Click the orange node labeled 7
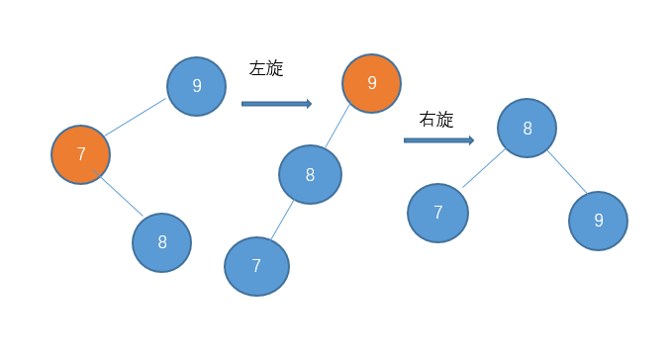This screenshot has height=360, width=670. click(80, 154)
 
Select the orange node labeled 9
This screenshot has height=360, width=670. click(371, 83)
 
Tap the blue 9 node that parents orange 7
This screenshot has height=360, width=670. click(196, 86)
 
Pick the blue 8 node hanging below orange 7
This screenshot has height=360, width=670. click(161, 242)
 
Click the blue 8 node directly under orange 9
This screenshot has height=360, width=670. click(310, 175)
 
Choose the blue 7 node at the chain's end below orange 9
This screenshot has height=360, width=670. click(256, 266)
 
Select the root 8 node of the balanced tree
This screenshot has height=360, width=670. click(526, 128)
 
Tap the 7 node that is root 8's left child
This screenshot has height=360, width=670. click(437, 213)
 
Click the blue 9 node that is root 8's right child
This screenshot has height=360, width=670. click(598, 221)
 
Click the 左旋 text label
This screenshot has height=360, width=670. click(266, 68)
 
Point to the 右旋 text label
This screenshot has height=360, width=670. click(436, 120)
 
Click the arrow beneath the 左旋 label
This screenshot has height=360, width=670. click(276, 103)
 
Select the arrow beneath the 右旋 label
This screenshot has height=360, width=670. click(438, 140)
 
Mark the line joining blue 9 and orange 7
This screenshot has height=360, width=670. click(136, 118)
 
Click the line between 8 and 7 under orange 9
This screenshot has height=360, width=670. click(282, 221)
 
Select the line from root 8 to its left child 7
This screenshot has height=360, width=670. click(483, 168)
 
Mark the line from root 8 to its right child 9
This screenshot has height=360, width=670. click(567, 172)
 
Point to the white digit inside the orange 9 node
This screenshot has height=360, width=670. click(371, 83)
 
